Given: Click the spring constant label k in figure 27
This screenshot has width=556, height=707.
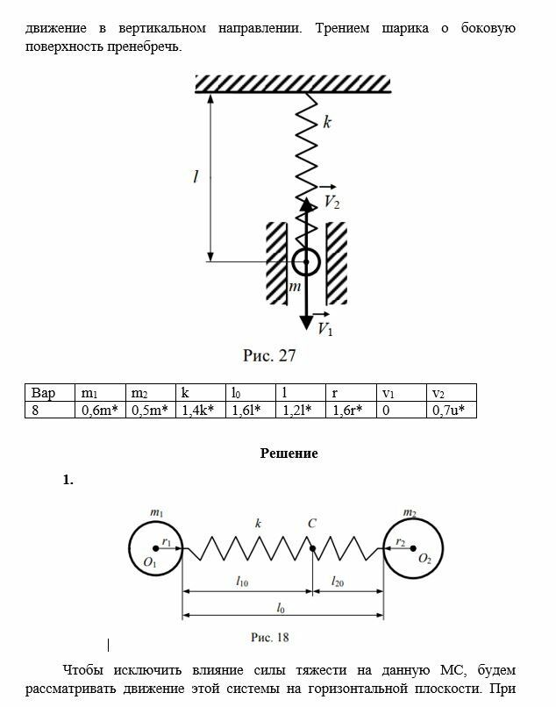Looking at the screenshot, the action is (327, 122).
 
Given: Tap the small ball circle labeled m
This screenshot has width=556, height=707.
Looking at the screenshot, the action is (305, 261).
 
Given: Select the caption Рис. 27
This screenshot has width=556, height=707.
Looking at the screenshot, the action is (269, 356).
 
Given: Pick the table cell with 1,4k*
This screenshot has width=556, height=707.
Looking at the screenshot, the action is (200, 410).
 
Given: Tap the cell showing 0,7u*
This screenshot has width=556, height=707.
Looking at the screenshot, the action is (452, 410).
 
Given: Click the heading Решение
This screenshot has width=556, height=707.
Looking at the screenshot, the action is (289, 453).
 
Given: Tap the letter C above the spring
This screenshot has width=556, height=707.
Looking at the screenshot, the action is (311, 524).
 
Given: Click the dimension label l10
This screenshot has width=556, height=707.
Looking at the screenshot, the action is (243, 582).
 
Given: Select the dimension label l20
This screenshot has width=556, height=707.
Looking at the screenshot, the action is (338, 582).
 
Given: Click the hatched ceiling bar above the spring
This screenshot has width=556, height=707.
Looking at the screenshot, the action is (292, 83).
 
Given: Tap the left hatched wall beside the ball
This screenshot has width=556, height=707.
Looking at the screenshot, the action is (277, 262).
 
